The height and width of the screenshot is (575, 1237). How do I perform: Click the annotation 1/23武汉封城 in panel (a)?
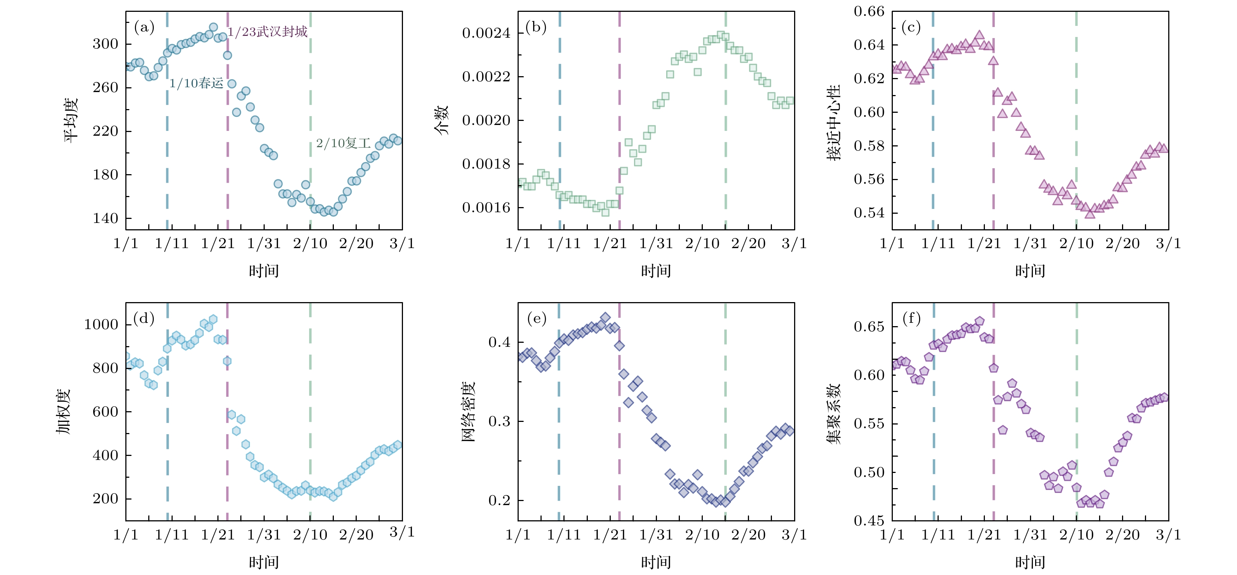(x=267, y=32)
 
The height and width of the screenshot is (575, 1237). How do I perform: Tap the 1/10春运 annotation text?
(x=196, y=83)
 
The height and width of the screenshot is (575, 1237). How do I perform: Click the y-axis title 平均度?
(x=71, y=120)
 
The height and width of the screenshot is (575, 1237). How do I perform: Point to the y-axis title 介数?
(x=441, y=120)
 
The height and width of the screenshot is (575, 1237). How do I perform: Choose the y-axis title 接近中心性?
(x=834, y=122)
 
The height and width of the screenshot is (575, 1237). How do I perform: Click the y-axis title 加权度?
(x=64, y=411)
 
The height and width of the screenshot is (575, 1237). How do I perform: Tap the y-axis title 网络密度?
(x=468, y=412)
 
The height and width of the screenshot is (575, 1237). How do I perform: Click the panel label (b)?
(x=536, y=27)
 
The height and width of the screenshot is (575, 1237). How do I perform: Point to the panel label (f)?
(x=911, y=318)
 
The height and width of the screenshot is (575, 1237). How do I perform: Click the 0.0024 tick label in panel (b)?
(x=486, y=33)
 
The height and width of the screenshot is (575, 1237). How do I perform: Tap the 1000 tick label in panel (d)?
(x=101, y=324)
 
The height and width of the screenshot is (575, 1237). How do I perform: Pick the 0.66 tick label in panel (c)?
(x=869, y=11)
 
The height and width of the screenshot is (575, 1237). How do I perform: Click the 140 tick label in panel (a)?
(x=105, y=219)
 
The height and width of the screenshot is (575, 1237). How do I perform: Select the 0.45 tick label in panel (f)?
(x=869, y=521)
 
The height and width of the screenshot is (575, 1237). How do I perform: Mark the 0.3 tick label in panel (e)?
(x=499, y=421)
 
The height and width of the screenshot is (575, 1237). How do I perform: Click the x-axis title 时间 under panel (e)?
(x=655, y=562)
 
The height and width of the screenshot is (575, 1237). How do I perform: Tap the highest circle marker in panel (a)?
(x=214, y=27)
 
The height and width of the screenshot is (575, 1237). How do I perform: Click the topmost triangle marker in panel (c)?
(x=980, y=35)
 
